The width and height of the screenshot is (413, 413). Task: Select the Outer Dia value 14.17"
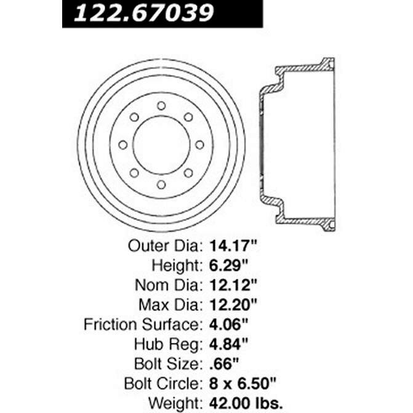tap(232, 246)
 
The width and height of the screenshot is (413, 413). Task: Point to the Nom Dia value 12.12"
tap(232, 287)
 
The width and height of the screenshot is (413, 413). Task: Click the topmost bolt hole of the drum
tap(161, 105)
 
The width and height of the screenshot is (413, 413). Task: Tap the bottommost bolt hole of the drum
tap(161, 184)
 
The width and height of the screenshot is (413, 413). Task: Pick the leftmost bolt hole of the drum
tap(122, 145)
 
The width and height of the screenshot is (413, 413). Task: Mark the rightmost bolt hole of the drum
tap(199, 145)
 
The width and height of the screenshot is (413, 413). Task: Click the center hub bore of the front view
tap(161, 145)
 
